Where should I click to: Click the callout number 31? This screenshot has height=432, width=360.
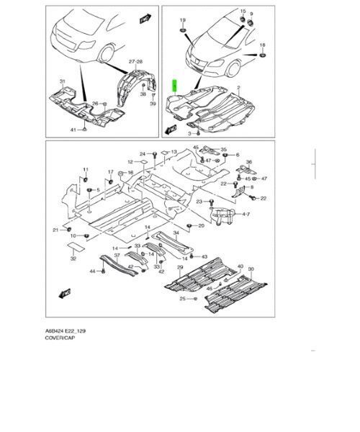point(62,81)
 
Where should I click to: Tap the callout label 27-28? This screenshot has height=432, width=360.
point(137,63)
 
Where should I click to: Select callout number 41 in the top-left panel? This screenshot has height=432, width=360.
point(73,129)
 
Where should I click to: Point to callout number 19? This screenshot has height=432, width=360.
point(182,19)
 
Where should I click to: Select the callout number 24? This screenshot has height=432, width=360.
point(143,154)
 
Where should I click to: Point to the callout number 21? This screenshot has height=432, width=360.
point(55,230)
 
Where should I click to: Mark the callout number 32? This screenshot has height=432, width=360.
point(73,257)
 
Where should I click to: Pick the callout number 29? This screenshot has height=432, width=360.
point(181,267)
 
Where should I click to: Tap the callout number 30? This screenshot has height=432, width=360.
point(251,269)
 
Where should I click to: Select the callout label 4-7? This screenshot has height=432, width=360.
point(246,214)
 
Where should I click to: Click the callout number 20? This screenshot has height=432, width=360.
point(201,225)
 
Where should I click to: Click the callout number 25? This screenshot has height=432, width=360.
point(184,298)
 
